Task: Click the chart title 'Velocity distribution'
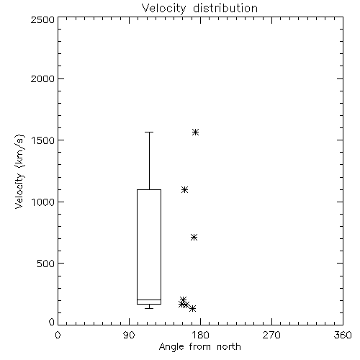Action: point(199,9)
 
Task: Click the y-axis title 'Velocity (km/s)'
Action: point(19,171)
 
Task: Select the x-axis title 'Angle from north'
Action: point(199,347)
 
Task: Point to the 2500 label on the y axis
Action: point(42,19)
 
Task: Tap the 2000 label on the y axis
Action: point(42,78)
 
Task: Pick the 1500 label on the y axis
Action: point(43,140)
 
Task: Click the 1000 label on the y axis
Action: point(43,202)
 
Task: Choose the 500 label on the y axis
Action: point(46,264)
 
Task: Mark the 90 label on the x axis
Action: point(129,335)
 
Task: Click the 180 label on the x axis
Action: point(200,335)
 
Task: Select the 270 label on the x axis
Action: point(271,335)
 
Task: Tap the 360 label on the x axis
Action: point(343,335)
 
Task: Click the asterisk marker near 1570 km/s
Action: point(195,132)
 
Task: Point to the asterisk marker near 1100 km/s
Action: point(184,190)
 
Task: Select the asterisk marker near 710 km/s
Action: point(194,238)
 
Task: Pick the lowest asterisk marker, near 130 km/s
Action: point(192,308)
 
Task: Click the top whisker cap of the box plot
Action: point(149,132)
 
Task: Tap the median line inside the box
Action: point(149,300)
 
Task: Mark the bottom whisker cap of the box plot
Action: point(149,308)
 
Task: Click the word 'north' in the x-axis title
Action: point(229,347)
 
